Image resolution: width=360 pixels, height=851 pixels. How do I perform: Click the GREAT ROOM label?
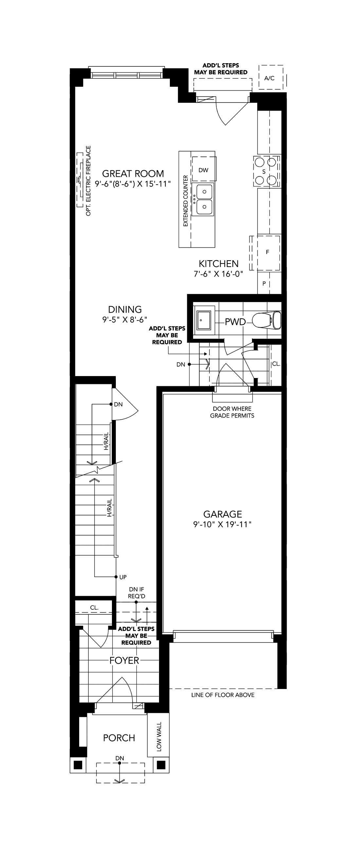coord(133,173)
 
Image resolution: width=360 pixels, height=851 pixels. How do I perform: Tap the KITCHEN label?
coord(219,263)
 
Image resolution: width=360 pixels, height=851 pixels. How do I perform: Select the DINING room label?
coord(125,309)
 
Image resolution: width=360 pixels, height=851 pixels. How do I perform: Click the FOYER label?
coord(124,661)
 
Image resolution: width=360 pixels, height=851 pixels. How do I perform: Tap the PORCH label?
coord(119,738)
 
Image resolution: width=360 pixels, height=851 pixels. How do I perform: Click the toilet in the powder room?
coord(266,320)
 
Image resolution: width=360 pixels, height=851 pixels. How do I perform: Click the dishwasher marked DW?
coord(204,170)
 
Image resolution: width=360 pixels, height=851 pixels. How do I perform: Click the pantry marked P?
coord(264,283)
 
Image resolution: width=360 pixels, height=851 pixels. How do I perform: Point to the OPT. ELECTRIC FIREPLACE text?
coord(88,181)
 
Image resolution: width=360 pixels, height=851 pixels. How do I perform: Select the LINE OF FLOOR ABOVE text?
coord(223,695)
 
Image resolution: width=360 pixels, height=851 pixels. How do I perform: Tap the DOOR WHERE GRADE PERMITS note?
coord(232,412)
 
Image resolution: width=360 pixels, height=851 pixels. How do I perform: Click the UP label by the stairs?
coord(123,577)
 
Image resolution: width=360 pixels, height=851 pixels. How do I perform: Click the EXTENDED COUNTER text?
coord(185,201)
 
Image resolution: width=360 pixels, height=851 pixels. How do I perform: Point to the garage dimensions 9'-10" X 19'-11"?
coord(223,524)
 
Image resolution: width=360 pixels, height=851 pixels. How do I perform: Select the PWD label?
coord(235,322)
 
